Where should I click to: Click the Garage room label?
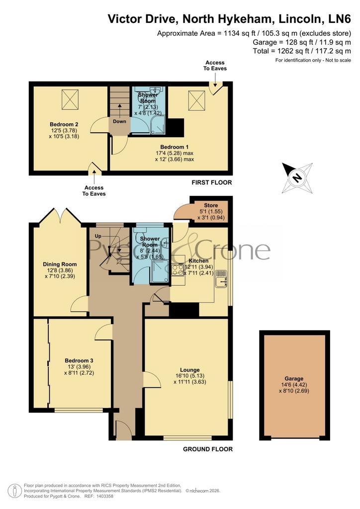[x=294, y=378]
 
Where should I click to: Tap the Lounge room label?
[x=190, y=370]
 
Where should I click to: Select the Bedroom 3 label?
[x=79, y=361]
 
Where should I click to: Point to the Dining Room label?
[x=60, y=264]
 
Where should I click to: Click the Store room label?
[x=211, y=205]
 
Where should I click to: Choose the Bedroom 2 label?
[x=64, y=124]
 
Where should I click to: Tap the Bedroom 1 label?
[x=175, y=147]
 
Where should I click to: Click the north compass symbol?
[x=297, y=178]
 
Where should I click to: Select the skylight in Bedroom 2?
[x=70, y=99]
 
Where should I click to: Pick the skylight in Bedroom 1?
[x=197, y=100]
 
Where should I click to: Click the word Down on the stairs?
[x=119, y=121]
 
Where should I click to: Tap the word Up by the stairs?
[x=98, y=236]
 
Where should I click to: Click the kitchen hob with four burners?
[x=178, y=270]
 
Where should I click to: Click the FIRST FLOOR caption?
[x=212, y=182]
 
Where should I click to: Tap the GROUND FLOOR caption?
[x=208, y=449]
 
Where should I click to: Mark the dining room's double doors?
[x=60, y=216]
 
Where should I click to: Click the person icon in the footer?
[x=14, y=491]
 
